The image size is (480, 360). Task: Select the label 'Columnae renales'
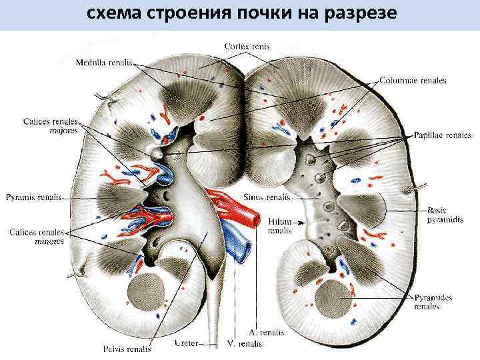(x=413, y=81)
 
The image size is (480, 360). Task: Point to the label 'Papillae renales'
(x=442, y=135)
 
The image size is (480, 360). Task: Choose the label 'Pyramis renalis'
(x=34, y=197)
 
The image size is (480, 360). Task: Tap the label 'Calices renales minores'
(x=37, y=237)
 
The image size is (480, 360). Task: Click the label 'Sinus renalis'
(x=269, y=197)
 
